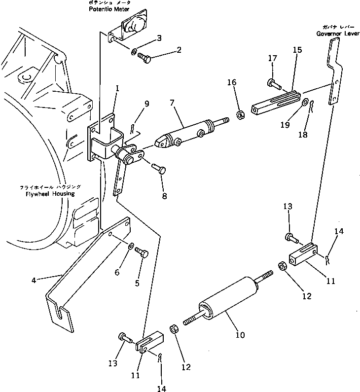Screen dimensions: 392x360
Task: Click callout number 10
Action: pyautogui.click(x=240, y=335)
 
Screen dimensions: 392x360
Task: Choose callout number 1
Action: pyautogui.click(x=117, y=88)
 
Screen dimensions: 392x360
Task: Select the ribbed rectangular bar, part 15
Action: pyautogui.click(x=276, y=101)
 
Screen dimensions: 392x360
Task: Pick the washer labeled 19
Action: pyautogui.click(x=306, y=103)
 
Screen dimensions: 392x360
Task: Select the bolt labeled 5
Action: pyautogui.click(x=144, y=252)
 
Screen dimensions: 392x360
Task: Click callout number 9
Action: pyautogui.click(x=146, y=104)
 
